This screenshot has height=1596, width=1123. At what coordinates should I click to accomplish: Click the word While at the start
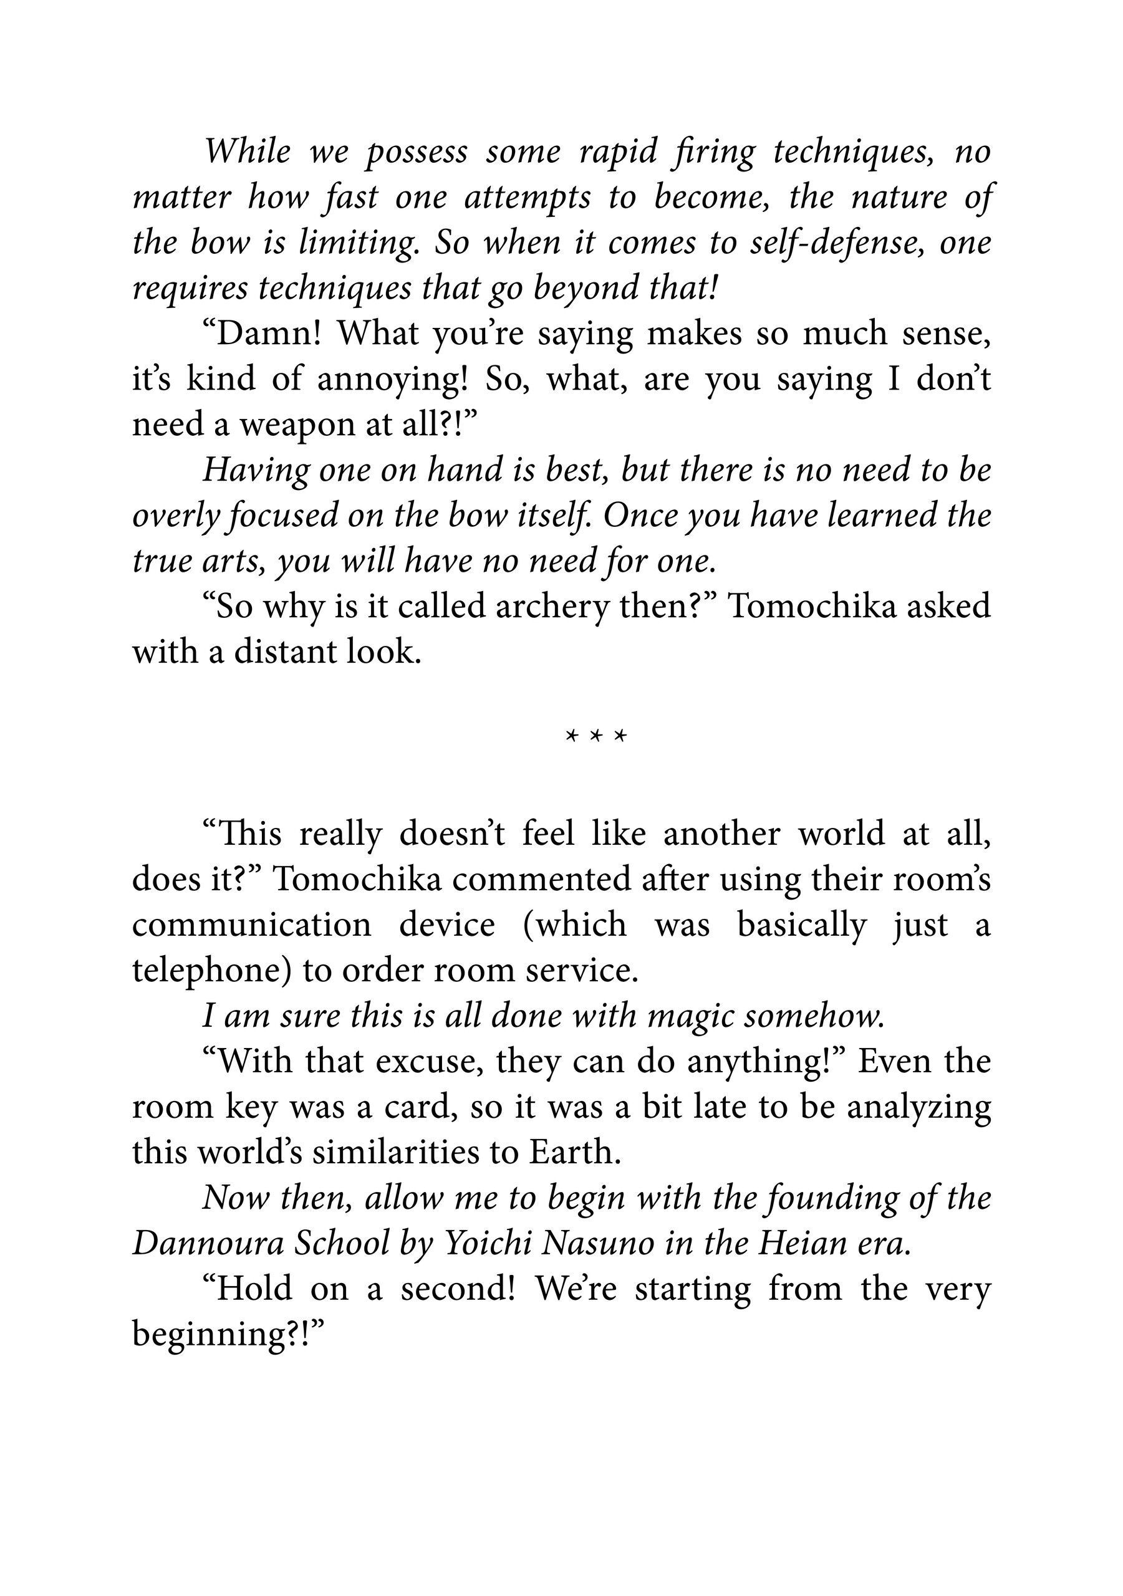pos(248,151)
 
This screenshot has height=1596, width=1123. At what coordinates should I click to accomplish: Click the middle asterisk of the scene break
pos(595,736)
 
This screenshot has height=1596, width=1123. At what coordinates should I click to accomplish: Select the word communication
pos(252,925)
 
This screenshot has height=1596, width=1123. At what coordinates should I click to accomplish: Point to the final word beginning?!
pos(229,1335)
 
